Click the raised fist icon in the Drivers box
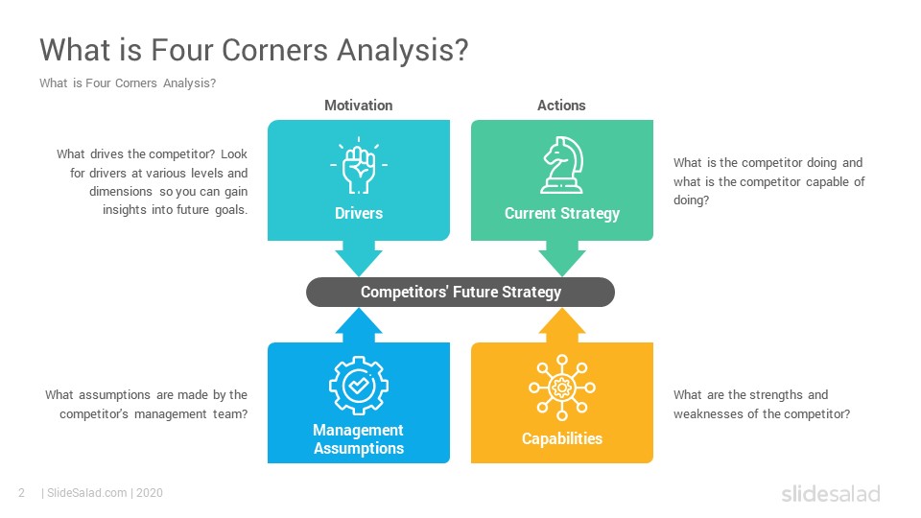[359, 165]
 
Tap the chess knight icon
[561, 165]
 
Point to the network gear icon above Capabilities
[561, 388]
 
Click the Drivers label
[359, 213]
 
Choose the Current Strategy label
[561, 213]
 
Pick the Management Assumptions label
[358, 439]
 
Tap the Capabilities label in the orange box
[561, 438]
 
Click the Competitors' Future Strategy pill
[460, 292]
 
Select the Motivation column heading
[358, 106]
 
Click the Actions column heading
[561, 106]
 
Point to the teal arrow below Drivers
[359, 257]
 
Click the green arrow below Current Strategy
[561, 257]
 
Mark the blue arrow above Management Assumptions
[359, 325]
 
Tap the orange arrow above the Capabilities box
[561, 325]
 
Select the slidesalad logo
[830, 494]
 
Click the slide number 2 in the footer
[21, 493]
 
